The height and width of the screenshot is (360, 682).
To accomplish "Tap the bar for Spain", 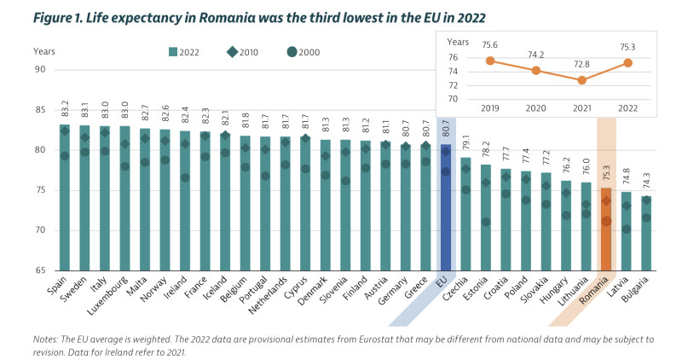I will tap(65, 197).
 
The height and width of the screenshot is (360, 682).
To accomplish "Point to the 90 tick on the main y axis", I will tap(40, 69).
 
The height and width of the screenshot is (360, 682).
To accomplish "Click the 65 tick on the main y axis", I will tap(40, 270).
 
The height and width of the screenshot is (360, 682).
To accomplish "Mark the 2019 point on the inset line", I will tap(490, 61).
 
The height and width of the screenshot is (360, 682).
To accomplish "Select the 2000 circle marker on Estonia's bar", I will tap(485, 222).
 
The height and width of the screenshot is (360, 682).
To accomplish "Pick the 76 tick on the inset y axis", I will tap(453, 57).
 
